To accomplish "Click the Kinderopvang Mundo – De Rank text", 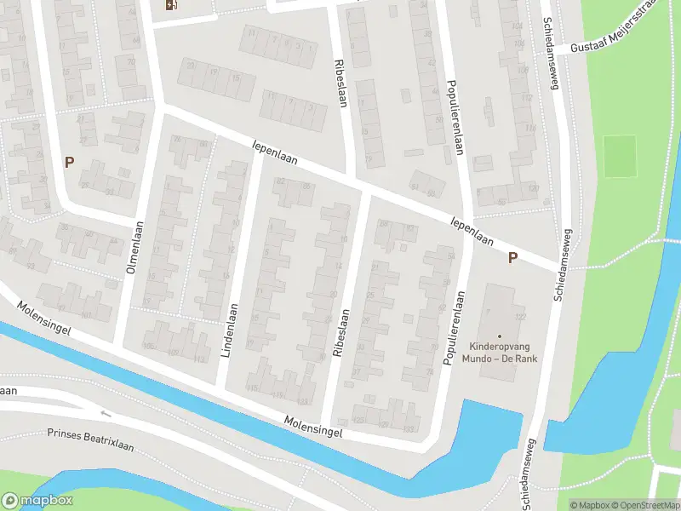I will click(499, 353).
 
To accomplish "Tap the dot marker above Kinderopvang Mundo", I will click(500, 336).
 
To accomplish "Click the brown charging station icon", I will click(172, 5).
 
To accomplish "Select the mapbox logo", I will click(37, 501).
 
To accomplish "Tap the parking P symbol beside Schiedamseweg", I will click(512, 258).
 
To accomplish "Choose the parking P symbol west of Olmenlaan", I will click(69, 162).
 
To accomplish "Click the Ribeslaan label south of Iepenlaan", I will click(339, 333).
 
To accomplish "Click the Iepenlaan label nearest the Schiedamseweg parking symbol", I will click(472, 231).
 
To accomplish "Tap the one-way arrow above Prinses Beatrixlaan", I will click(106, 415).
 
